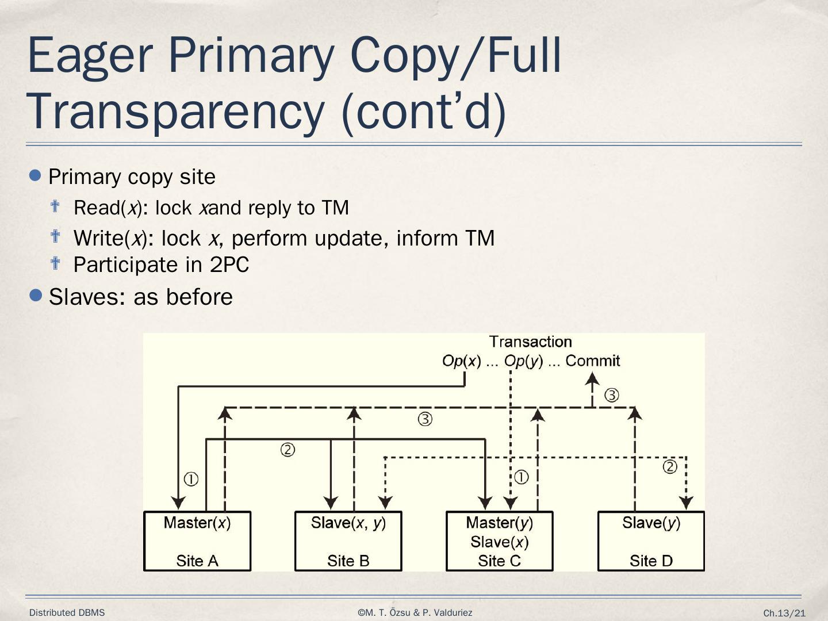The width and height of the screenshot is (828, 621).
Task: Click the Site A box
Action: pyautogui.click(x=197, y=541)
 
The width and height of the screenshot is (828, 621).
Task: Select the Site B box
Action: pyautogui.click(x=348, y=541)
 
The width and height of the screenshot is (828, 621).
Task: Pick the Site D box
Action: pyautogui.click(x=651, y=541)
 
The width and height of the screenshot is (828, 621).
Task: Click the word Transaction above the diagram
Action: pyautogui.click(x=530, y=342)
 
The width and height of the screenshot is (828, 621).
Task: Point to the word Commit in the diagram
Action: pyautogui.click(x=592, y=361)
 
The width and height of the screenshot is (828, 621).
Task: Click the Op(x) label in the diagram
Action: pyautogui.click(x=461, y=361)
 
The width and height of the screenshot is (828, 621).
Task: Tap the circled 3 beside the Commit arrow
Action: pyautogui.click(x=612, y=395)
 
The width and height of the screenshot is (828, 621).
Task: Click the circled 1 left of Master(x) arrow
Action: pyautogui.click(x=191, y=479)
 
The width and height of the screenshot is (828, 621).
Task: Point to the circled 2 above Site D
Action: pyautogui.click(x=670, y=467)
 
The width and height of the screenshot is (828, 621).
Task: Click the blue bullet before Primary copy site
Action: pyautogui.click(x=36, y=175)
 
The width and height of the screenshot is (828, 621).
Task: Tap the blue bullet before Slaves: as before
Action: pyautogui.click(x=36, y=296)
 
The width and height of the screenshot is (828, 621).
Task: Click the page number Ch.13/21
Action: pyautogui.click(x=784, y=614)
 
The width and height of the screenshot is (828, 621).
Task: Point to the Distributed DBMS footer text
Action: pyautogui.click(x=67, y=613)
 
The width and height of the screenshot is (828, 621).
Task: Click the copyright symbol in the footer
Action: pyautogui.click(x=361, y=613)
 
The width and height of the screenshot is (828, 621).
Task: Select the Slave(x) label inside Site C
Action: pyautogui.click(x=499, y=542)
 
